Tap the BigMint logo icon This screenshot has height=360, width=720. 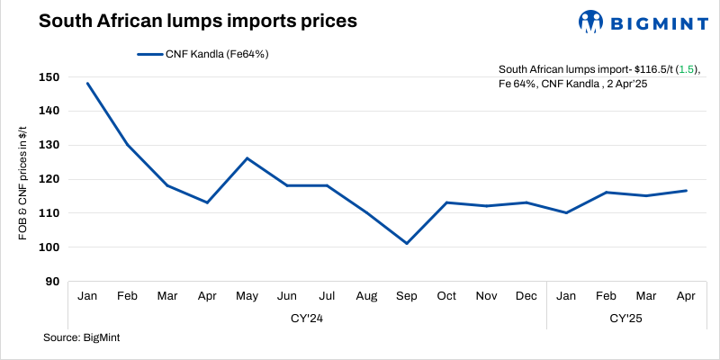(x=590, y=21)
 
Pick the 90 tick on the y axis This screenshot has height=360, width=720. (x=53, y=282)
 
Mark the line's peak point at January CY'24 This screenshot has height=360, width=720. (x=88, y=83)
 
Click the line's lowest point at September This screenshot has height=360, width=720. (x=407, y=243)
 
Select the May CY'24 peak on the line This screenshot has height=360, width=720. (x=247, y=158)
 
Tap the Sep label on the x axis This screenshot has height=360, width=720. (x=407, y=296)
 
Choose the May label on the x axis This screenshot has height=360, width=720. (x=247, y=296)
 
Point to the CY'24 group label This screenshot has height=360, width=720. (x=308, y=319)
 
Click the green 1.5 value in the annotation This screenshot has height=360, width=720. (x=685, y=69)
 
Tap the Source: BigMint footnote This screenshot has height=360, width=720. (x=82, y=337)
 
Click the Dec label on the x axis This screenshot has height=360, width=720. (x=527, y=296)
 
